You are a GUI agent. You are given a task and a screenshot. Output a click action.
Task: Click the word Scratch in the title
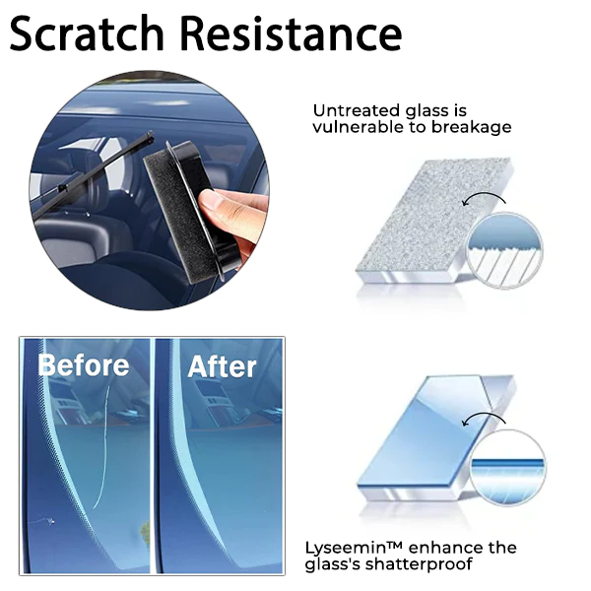[87, 33]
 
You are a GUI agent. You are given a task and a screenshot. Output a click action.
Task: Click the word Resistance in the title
[291, 33]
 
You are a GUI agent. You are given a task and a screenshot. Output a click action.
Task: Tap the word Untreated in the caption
[356, 110]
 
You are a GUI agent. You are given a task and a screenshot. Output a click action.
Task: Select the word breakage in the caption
[471, 127]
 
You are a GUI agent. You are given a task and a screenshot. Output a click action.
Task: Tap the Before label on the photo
[84, 365]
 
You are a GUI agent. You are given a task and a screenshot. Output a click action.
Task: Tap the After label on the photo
[222, 366]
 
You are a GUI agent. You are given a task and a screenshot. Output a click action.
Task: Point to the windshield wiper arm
[93, 174]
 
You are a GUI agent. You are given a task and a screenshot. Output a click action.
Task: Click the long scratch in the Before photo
[102, 446]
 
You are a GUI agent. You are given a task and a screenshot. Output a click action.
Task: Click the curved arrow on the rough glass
[485, 196]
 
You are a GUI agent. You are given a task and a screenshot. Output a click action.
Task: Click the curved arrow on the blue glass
[485, 416]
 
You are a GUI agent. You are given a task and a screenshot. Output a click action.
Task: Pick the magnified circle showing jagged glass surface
[505, 250]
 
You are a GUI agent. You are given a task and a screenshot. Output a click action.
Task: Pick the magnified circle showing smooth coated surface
[508, 467]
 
